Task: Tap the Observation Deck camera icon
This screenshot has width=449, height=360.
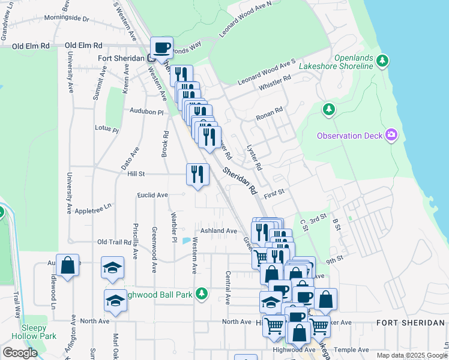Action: pyautogui.click(x=391, y=135)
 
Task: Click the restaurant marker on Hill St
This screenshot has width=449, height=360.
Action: pyautogui.click(x=197, y=175)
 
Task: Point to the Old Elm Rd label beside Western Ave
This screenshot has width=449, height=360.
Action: pyautogui.click(x=83, y=45)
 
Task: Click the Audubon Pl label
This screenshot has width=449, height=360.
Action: pyautogui.click(x=146, y=112)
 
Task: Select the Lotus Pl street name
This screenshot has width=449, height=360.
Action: pyautogui.click(x=107, y=128)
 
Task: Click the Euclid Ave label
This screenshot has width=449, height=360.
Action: pyautogui.click(x=152, y=195)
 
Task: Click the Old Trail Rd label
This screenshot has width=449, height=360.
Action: pyautogui.click(x=114, y=242)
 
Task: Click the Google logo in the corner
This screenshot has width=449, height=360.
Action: pyautogui.click(x=20, y=353)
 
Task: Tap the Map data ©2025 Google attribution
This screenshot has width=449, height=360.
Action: pyautogui.click(x=411, y=355)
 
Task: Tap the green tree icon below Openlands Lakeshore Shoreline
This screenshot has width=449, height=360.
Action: pyautogui.click(x=328, y=109)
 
